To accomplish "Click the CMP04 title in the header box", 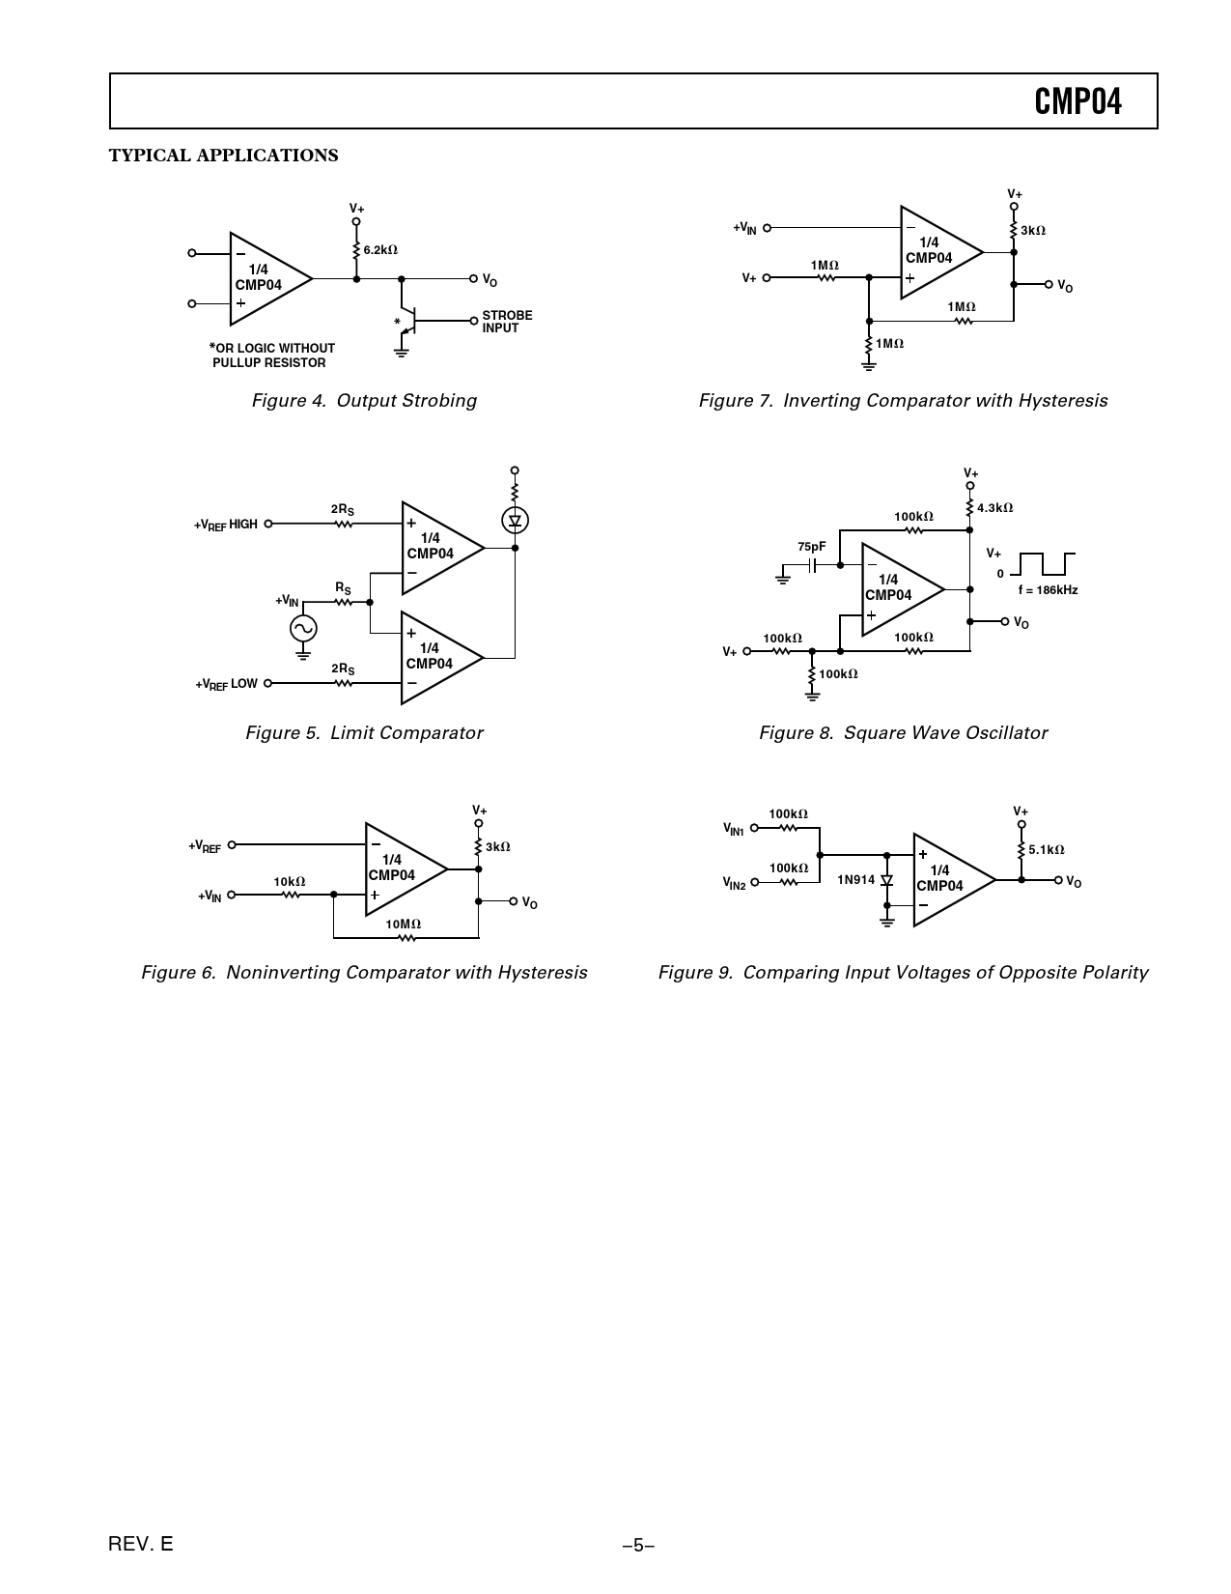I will pyautogui.click(x=1077, y=101).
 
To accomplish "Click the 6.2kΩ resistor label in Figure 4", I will pyautogui.click(x=380, y=250).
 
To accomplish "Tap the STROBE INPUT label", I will pyautogui.click(x=507, y=322).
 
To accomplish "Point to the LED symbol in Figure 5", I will pyautogui.click(x=515, y=521).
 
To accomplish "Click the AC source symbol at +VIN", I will pyautogui.click(x=303, y=628).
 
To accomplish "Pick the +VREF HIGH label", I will pyautogui.click(x=226, y=525).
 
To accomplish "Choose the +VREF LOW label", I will pyautogui.click(x=226, y=684).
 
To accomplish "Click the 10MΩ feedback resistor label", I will pyautogui.click(x=404, y=925).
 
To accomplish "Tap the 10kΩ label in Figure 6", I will pyautogui.click(x=289, y=882).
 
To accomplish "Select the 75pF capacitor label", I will pyautogui.click(x=811, y=547).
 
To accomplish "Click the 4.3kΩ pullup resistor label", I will pyautogui.click(x=994, y=508).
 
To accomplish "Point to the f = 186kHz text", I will pyautogui.click(x=1048, y=590).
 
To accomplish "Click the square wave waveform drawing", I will pyautogui.click(x=1043, y=563).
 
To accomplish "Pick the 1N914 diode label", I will pyautogui.click(x=855, y=880).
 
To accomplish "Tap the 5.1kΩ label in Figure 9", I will pyautogui.click(x=1046, y=850).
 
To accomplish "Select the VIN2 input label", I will pyautogui.click(x=735, y=883).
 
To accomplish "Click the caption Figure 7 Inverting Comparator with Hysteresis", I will pyautogui.click(x=903, y=401).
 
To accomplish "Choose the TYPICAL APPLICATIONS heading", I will pyautogui.click(x=223, y=156).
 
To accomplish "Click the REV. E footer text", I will pyautogui.click(x=141, y=1544).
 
